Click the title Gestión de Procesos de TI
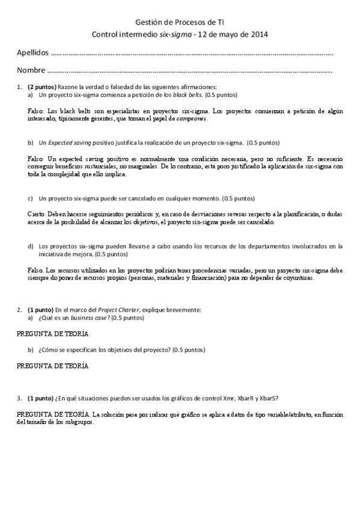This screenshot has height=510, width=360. (x=180, y=20)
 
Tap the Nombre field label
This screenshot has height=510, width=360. (x=30, y=72)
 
